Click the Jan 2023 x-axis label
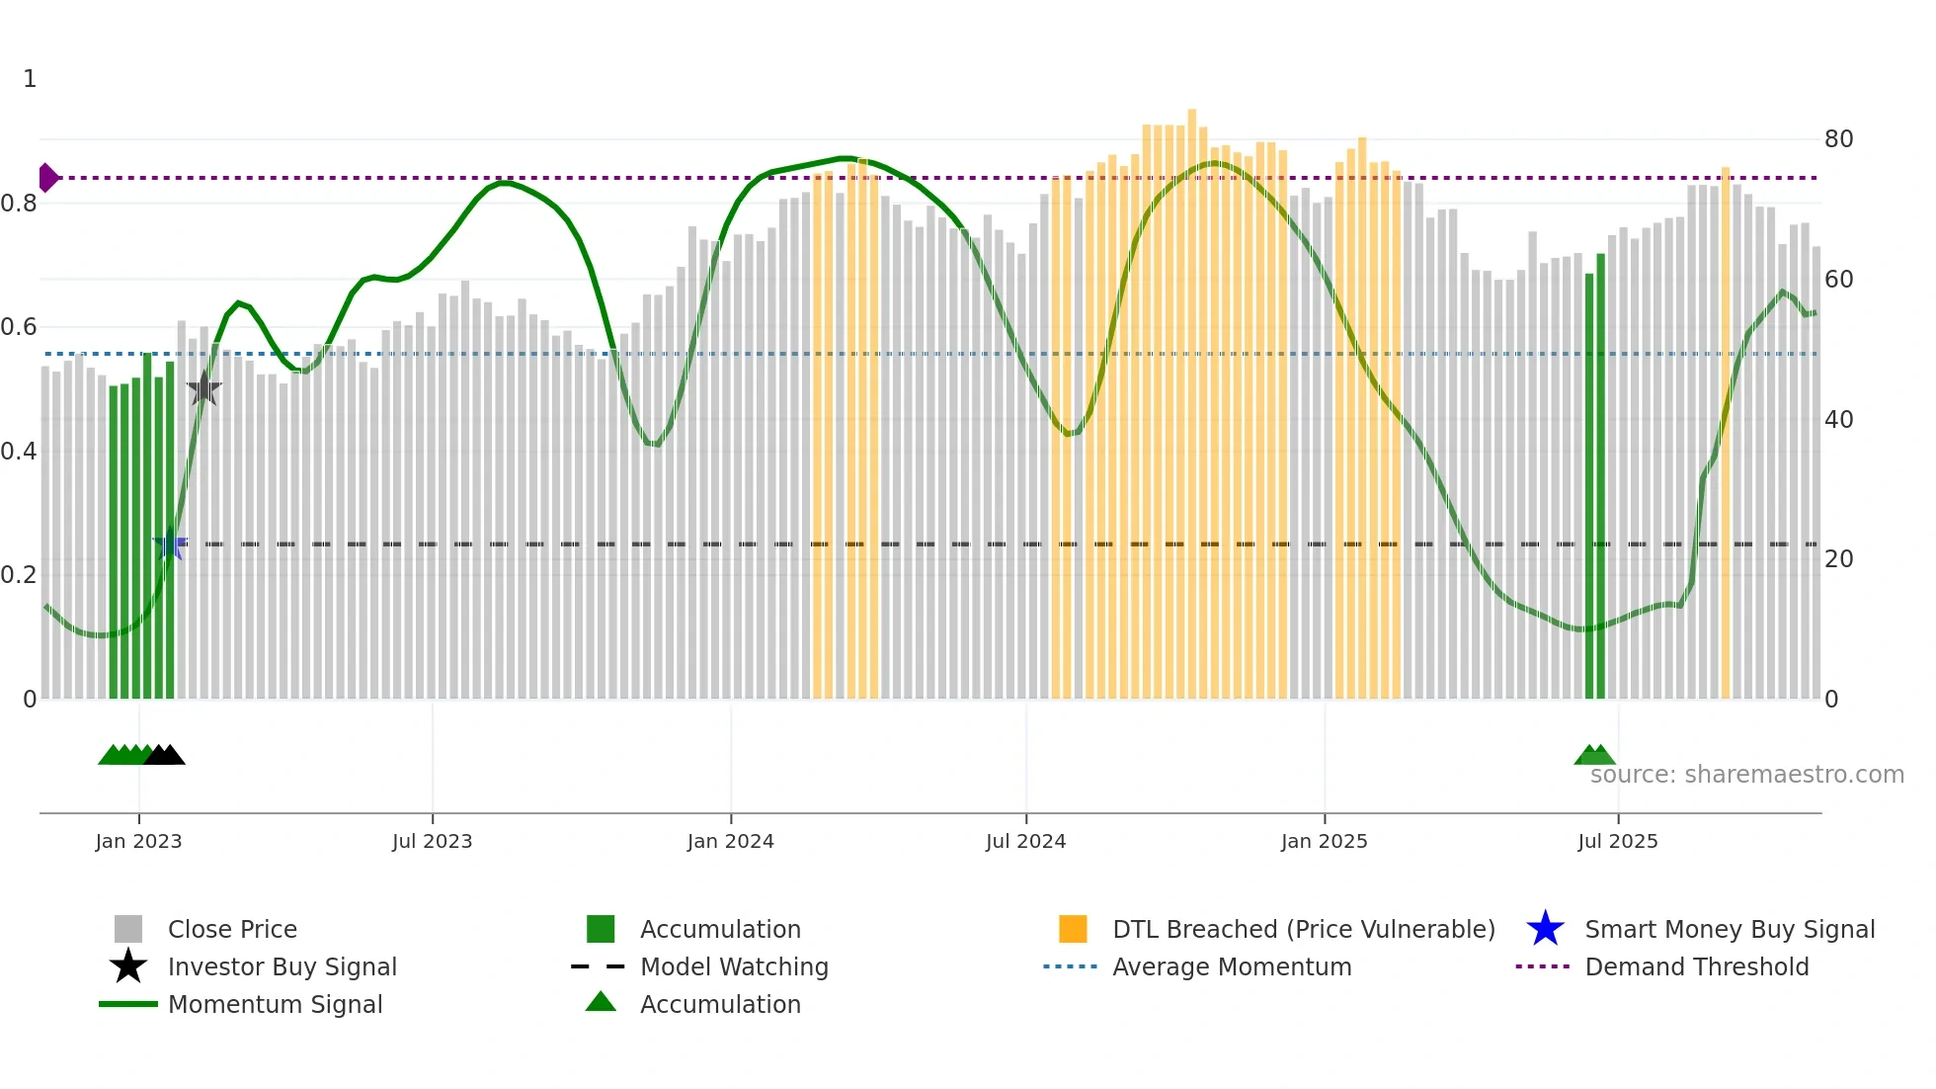[x=138, y=841]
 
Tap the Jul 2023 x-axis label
[x=432, y=841]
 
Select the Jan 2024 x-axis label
[x=730, y=841]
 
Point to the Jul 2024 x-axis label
[x=1025, y=841]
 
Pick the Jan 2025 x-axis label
[x=1324, y=841]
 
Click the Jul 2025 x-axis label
[x=1617, y=841]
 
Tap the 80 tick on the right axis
[x=1838, y=139]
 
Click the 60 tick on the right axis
[x=1838, y=280]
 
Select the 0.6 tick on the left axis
[x=20, y=327]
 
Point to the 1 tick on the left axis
[x=30, y=79]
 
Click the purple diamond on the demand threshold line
[x=47, y=178]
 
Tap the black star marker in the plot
[x=203, y=388]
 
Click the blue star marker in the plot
[x=170, y=544]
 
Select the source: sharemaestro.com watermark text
[x=1746, y=775]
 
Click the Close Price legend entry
[x=232, y=929]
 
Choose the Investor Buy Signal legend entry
[x=282, y=966]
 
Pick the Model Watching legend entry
[x=734, y=966]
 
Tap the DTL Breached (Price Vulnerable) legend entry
[x=1303, y=929]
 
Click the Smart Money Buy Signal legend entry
[x=1730, y=929]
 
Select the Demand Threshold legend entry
[x=1696, y=966]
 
